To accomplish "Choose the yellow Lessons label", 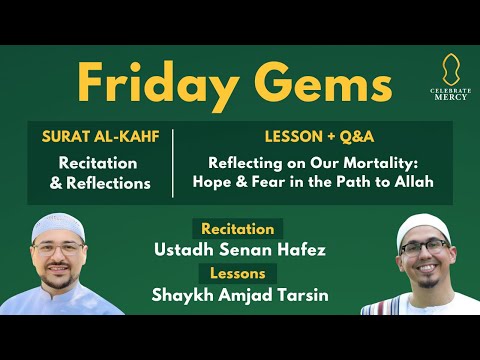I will click(x=237, y=272).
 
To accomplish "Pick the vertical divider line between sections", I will click(x=174, y=162).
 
